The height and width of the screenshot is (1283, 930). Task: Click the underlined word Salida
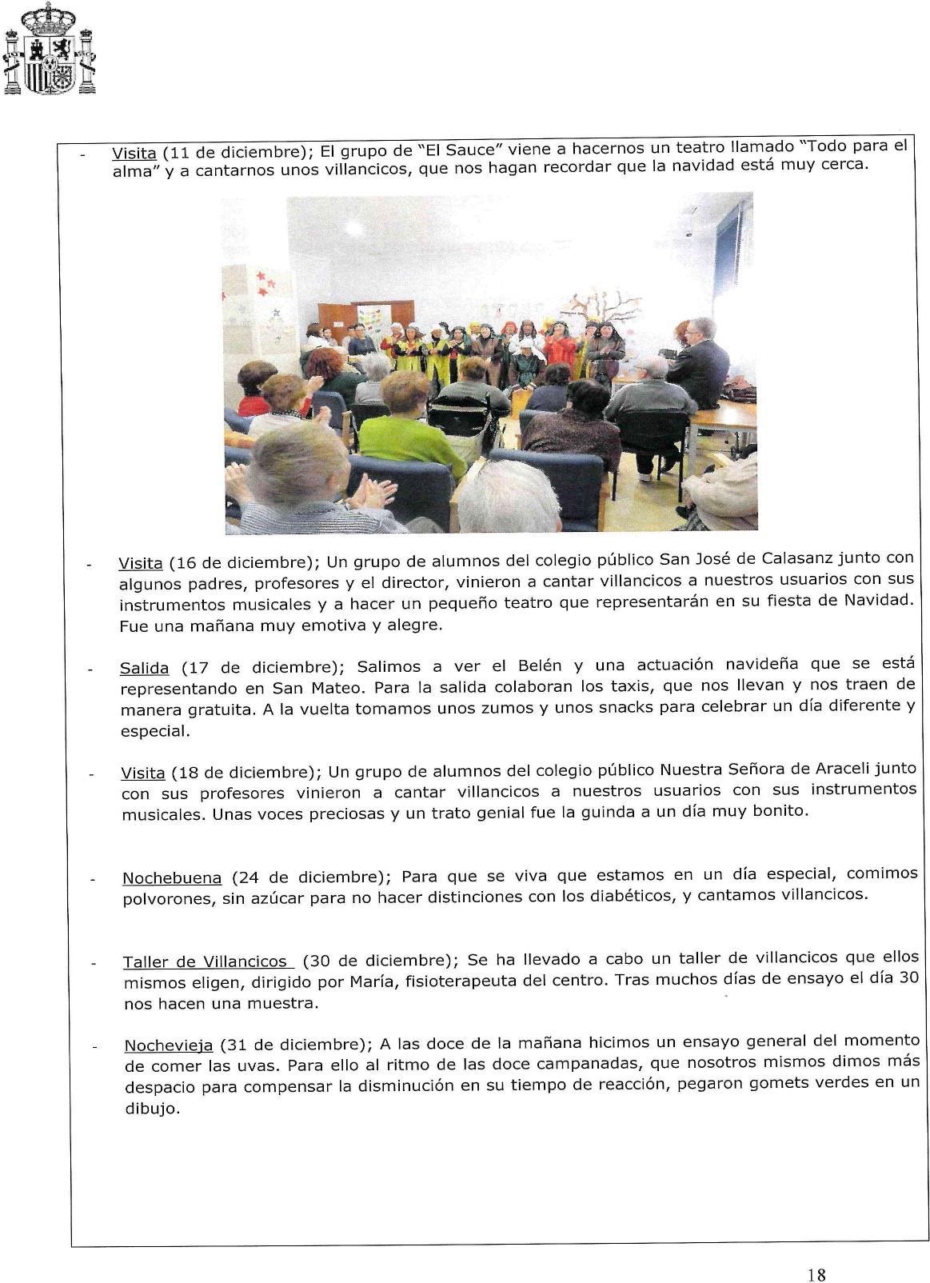click(x=144, y=668)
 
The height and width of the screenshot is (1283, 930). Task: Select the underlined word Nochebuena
click(x=172, y=878)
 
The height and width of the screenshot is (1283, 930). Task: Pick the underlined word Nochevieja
click(x=169, y=1045)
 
